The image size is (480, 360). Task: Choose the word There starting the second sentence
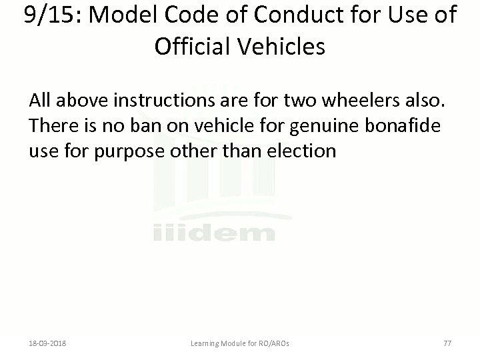point(51,127)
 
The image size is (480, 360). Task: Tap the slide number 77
point(447,344)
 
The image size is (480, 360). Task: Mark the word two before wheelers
point(298,101)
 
